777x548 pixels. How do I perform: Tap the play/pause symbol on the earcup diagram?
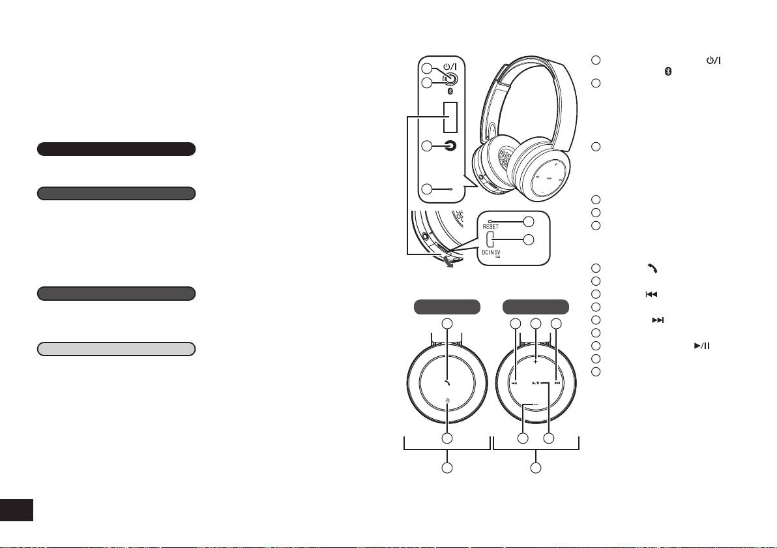536,384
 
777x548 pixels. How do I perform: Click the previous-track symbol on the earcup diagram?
514,384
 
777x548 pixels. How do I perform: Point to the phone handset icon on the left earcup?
447,383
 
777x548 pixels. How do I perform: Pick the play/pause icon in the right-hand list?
701,346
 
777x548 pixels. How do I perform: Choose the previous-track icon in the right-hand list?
650,294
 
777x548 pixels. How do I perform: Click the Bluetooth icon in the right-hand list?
667,71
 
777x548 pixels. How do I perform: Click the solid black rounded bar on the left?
116,149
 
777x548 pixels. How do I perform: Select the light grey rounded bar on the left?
116,348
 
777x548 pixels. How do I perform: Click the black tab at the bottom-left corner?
16,510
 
